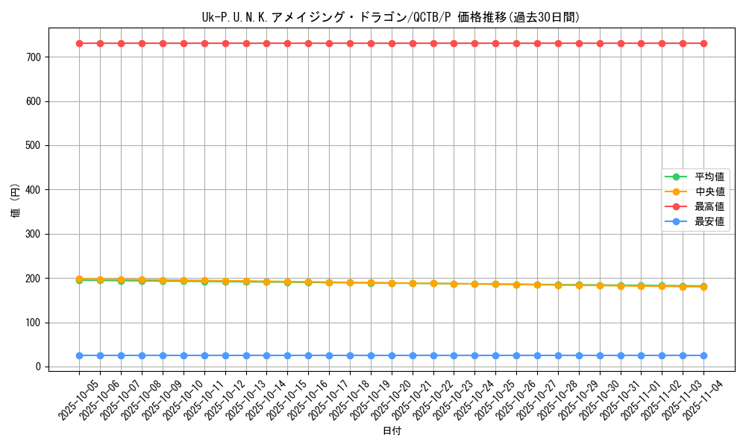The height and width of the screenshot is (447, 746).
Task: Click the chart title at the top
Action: coord(391,17)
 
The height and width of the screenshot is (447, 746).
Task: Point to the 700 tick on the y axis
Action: coord(34,57)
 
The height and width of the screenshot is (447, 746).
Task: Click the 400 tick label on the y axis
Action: coord(34,190)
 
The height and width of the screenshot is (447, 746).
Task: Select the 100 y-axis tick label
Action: coord(34,323)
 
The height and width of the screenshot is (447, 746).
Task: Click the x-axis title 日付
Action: coord(392,431)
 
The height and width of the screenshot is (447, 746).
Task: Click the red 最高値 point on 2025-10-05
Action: coord(79,43)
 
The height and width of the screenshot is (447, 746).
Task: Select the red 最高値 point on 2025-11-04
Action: coord(703,43)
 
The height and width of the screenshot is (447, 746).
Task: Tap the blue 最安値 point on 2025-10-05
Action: coord(79,355)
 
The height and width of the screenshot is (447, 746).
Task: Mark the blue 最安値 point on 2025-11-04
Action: coord(703,355)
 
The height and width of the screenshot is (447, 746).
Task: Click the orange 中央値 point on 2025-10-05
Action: coord(79,279)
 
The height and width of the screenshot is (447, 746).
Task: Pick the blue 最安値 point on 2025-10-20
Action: coord(392,355)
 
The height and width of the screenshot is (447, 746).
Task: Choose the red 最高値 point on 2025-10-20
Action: coord(392,43)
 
